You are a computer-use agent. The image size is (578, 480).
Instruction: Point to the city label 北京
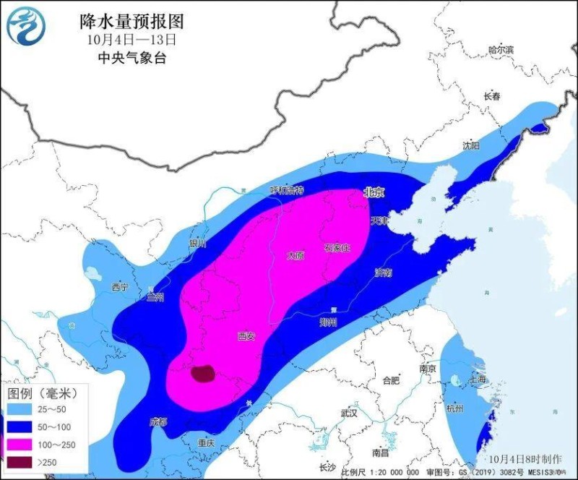[x=374, y=192]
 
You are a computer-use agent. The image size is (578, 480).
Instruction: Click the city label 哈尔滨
[x=500, y=50]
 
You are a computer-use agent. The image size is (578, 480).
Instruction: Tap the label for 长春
[x=492, y=96]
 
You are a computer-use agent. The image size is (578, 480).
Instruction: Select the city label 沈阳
[x=471, y=145]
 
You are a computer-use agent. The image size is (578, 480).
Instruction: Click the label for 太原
[x=296, y=255]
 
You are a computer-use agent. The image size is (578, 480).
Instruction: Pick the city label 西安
[x=246, y=336]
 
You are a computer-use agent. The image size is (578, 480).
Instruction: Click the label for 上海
[x=478, y=380]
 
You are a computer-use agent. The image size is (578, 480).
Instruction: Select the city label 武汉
[x=350, y=413]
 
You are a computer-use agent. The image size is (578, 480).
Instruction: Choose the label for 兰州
[x=155, y=297]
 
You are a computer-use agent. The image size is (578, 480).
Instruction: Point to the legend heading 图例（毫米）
[x=41, y=393]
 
